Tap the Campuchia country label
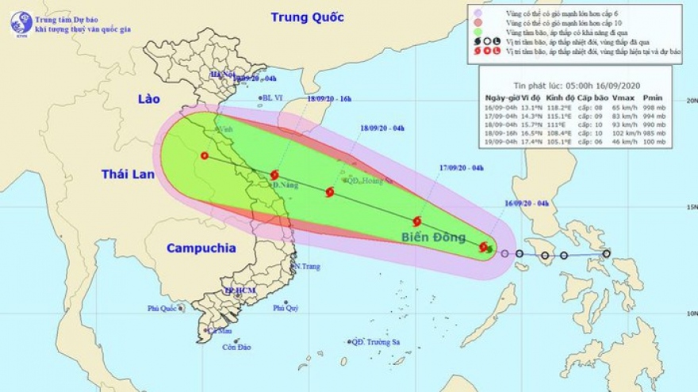tap(201, 248)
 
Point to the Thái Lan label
tap(127, 174)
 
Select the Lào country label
tap(148, 99)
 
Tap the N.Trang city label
tap(306, 266)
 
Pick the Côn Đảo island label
tap(236, 347)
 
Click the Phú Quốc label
tap(163, 309)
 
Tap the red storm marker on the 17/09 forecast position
tap(417, 221)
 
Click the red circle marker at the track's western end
tap(205, 156)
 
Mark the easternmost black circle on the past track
tap(607, 254)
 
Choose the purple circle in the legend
tap(477, 13)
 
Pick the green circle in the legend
tap(477, 32)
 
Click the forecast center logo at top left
tap(21, 21)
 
